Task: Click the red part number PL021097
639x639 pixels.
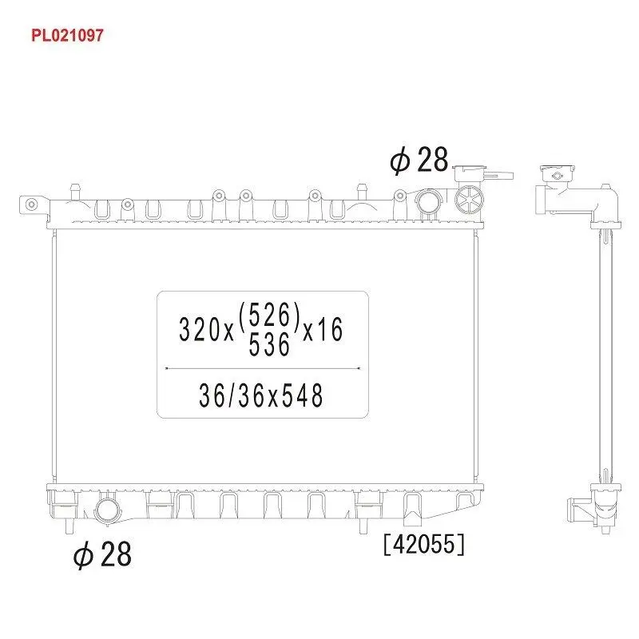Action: tap(67, 35)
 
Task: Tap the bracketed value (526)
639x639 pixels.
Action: tap(270, 316)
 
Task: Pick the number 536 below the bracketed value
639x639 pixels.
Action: tap(269, 345)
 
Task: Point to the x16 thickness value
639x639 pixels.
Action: tap(323, 329)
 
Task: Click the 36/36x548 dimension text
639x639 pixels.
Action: tap(261, 395)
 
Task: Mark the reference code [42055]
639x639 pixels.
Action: tap(424, 544)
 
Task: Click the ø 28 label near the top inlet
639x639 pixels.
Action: tap(419, 159)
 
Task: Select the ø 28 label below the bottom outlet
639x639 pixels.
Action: tap(102, 554)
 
